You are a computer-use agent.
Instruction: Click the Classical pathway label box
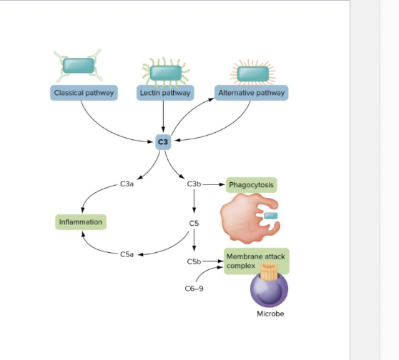84,93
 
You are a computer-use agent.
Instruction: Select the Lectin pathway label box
164,93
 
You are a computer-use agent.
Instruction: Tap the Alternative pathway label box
251,93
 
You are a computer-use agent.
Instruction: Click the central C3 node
164,142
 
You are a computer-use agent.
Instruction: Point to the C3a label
127,184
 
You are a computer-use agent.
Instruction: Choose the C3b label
194,184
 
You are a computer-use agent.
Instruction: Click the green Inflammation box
80,222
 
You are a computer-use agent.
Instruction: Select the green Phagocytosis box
251,185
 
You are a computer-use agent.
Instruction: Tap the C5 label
194,224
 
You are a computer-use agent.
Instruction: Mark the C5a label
127,254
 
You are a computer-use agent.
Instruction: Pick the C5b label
194,262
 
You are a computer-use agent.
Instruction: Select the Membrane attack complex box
257,261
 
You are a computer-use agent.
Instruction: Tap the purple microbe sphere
269,291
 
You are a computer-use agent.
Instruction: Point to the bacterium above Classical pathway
78,64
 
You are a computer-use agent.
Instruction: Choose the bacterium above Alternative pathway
252,73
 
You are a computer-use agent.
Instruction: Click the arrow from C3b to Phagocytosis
214,184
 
